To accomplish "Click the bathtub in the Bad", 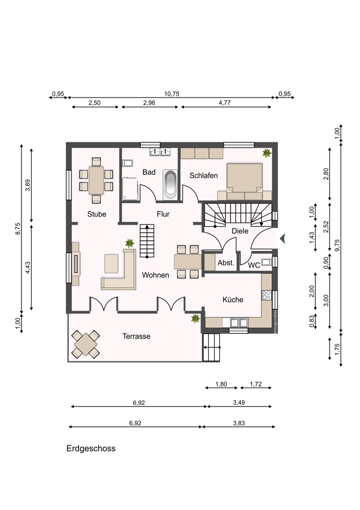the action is tap(170, 185).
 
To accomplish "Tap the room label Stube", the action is tap(96, 214).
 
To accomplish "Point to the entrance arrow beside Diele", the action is tap(282, 239).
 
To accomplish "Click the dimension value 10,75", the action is tap(171, 94).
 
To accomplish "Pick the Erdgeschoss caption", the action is tap(91, 448).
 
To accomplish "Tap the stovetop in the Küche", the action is tap(267, 295).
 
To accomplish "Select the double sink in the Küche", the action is tap(239, 323).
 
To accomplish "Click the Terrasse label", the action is tap(136, 336).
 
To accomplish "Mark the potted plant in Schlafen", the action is tap(267, 153).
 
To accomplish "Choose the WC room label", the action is tap(254, 265).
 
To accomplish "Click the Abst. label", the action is tap(226, 263).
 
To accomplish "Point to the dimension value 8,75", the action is tap(18, 228).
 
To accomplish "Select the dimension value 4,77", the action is tap(224, 103).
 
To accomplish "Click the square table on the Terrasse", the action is tap(85, 344).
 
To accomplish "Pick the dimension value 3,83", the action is tap(239, 423).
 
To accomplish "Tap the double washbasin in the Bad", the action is tap(160, 152).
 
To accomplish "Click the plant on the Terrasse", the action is tap(195, 318).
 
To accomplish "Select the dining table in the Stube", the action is tap(96, 180).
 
